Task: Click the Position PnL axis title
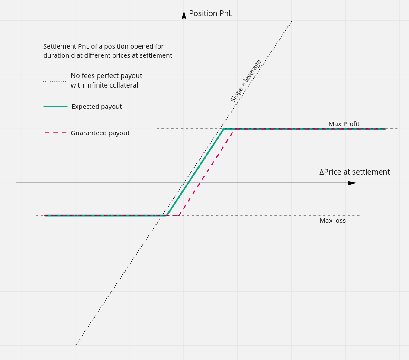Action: [x=210, y=13]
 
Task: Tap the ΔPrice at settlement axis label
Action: [x=354, y=172]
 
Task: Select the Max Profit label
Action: [x=344, y=124]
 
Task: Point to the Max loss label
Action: [x=332, y=221]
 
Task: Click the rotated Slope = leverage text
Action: [x=245, y=81]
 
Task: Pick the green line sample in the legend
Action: [x=55, y=107]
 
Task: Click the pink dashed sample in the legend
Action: [x=55, y=133]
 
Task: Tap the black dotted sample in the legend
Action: [x=55, y=81]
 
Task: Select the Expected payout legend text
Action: [x=97, y=107]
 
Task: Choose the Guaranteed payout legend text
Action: [x=100, y=133]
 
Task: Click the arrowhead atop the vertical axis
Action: [x=184, y=14]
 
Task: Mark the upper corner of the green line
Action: [x=224, y=129]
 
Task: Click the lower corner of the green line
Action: [x=167, y=215]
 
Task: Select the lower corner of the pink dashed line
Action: [x=178, y=215]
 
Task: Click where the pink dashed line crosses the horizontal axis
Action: [x=200, y=183]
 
